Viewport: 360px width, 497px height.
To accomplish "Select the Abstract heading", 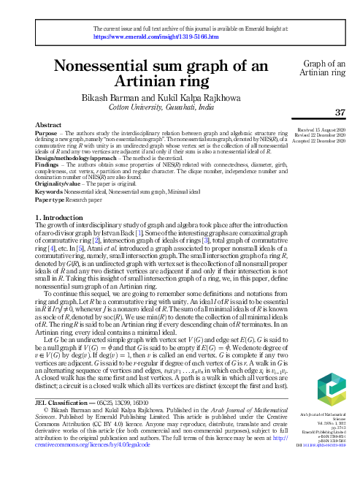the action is [47, 126].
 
